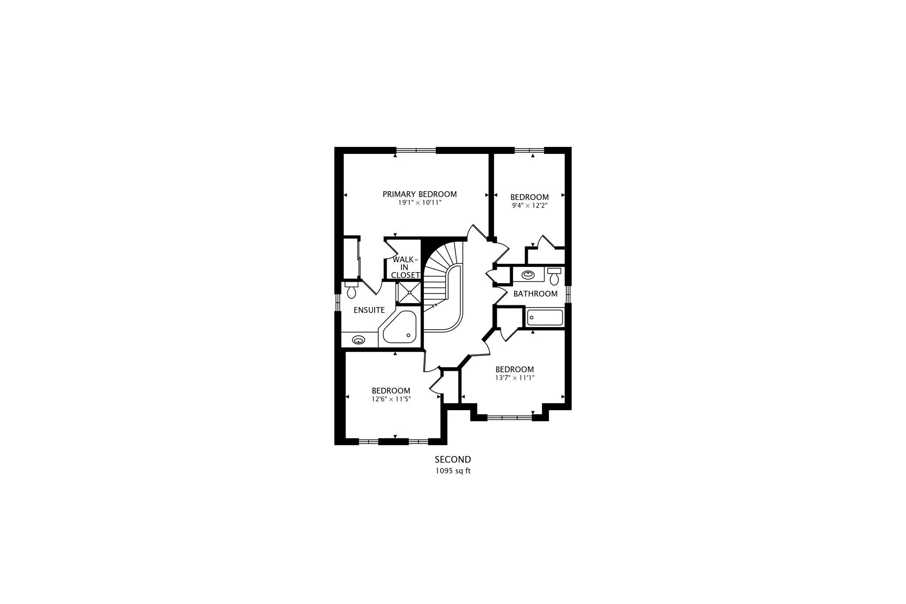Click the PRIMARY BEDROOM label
419,194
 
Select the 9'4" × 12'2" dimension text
530,206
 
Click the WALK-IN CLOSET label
405,267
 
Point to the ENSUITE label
369,310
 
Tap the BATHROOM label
535,294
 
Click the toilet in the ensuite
352,290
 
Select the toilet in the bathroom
554,276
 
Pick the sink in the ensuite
358,340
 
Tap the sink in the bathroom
528,275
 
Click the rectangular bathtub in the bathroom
545,318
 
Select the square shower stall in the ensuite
410,292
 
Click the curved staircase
445,283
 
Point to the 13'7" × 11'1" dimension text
514,378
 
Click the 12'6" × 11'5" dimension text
391,399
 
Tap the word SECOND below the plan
453,460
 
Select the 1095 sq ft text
453,471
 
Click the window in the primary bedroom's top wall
416,150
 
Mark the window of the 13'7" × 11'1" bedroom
509,417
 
